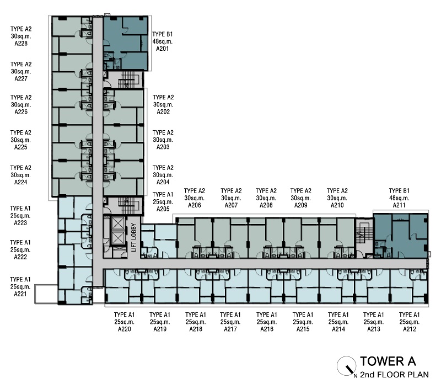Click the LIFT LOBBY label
click(x=133, y=237)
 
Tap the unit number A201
click(x=163, y=49)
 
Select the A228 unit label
click(x=21, y=44)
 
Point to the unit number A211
click(x=399, y=205)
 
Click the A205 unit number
click(x=163, y=209)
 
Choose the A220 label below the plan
click(x=125, y=329)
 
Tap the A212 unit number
click(x=410, y=329)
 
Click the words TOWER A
click(x=388, y=361)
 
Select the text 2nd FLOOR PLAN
click(x=394, y=375)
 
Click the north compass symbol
click(x=347, y=366)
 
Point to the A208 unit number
click(x=266, y=205)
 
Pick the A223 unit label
click(x=20, y=223)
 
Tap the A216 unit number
click(x=267, y=329)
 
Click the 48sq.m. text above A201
click(x=163, y=41)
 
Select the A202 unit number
click(x=163, y=112)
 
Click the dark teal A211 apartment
click(x=401, y=236)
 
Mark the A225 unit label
click(x=21, y=147)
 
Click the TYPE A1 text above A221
click(x=20, y=280)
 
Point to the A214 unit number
click(x=338, y=329)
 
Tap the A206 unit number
click(x=195, y=205)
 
